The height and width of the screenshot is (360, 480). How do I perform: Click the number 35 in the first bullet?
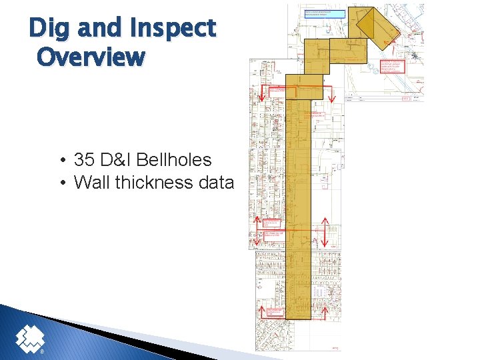coord(85,160)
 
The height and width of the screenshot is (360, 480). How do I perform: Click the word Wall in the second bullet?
coord(92,182)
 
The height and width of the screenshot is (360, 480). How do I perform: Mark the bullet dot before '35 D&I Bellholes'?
coord(61,161)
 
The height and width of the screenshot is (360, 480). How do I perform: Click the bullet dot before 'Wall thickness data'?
coord(61,183)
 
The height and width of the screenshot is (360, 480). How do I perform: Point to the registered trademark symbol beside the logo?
coord(43,351)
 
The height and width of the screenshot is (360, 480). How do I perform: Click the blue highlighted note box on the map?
coord(325,13)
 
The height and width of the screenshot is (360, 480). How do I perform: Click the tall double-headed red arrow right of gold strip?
coord(325,232)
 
